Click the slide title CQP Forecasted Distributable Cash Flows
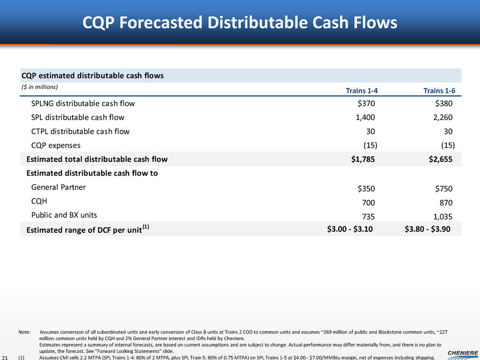coord(239,23)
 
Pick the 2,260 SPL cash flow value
coord(442,117)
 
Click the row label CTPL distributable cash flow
coord(80,131)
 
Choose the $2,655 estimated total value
coord(441,159)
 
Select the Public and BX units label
coord(64,214)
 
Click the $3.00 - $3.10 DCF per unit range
coord(350,229)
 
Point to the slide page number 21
coord(6,355)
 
